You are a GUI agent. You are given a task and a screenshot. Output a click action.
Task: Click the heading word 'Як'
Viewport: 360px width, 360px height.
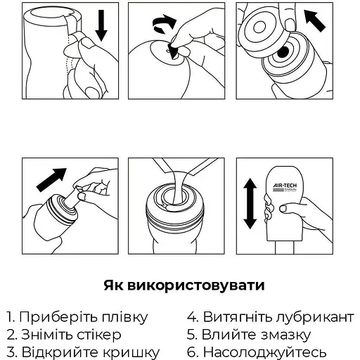[x=116, y=285]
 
